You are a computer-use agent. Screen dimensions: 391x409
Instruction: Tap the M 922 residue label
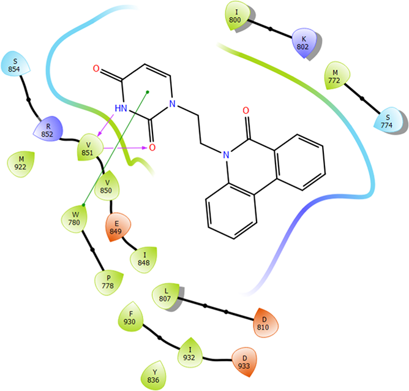coord(21,164)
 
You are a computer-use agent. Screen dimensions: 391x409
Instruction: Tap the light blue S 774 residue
coord(387,120)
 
